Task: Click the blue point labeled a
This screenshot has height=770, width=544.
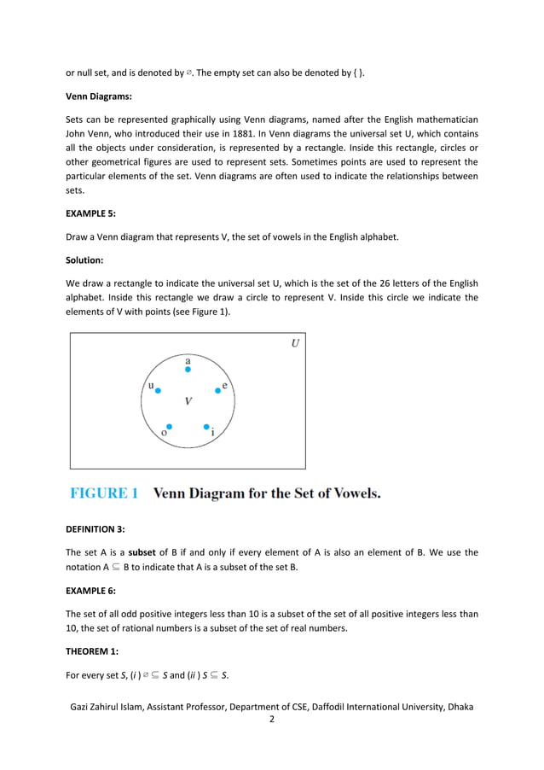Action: point(188,370)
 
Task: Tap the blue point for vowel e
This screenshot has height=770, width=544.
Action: point(217,390)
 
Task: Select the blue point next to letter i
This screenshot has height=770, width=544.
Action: point(206,426)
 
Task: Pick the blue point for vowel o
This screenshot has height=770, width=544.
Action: point(169,426)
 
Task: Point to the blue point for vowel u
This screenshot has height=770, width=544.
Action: point(158,390)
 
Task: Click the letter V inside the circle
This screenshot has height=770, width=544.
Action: point(188,400)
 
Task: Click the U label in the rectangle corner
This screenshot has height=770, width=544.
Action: point(294,344)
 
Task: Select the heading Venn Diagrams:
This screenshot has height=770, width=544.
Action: point(101,96)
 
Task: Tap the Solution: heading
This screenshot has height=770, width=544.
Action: point(86,260)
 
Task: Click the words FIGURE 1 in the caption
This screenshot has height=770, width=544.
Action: point(104,493)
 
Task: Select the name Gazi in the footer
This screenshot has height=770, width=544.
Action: point(84,707)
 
